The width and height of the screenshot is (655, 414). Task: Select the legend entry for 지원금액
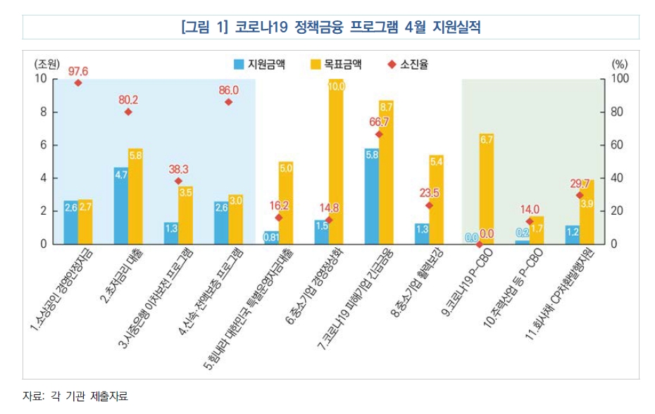[x=260, y=64]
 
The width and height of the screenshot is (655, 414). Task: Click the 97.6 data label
[x=78, y=72]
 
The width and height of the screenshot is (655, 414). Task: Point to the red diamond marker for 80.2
[x=128, y=112]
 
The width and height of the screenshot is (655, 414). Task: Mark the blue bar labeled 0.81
[x=271, y=237]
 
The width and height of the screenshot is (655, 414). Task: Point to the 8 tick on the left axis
[x=42, y=112]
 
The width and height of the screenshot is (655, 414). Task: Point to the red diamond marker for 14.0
[x=530, y=221]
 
